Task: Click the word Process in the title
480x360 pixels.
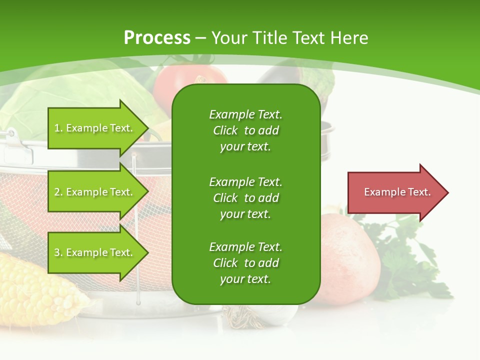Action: [x=157, y=38]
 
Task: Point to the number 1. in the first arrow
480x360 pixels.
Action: [x=58, y=128]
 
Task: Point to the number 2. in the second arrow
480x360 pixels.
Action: [x=58, y=192]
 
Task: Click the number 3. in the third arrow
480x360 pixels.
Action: [x=58, y=252]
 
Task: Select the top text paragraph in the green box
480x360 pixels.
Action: [x=245, y=130]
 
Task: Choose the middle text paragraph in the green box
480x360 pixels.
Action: [x=245, y=197]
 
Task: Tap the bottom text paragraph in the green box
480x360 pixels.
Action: [x=245, y=263]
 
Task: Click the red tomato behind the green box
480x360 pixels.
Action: [x=185, y=80]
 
